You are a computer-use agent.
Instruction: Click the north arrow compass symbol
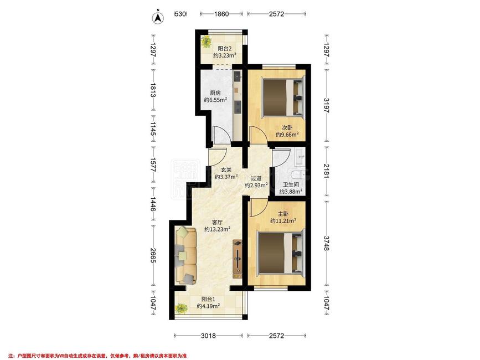pos(158,17)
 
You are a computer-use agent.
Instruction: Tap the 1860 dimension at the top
pos(221,14)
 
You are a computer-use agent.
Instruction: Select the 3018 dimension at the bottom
pos(208,336)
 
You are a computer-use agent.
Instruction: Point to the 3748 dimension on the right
pos(326,243)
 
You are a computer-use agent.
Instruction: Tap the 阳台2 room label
pos(224,48)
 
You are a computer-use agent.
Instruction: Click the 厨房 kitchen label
pos(215,92)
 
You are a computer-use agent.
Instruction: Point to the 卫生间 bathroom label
pos(291,185)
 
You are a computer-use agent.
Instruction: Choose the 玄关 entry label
pos(226,169)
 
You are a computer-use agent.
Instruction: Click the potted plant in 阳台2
pos(207,42)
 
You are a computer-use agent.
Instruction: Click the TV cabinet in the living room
pos(238,259)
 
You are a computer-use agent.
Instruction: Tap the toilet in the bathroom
pos(297,176)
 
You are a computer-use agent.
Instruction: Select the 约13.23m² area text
pos(218,229)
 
